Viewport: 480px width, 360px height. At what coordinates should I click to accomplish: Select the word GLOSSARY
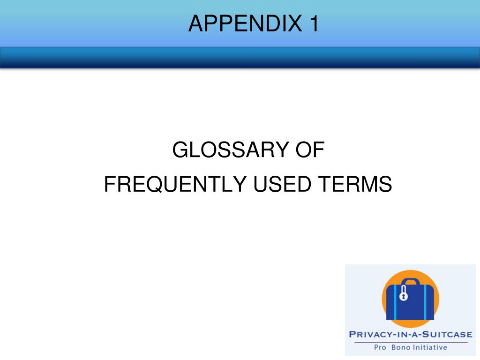coord(231,150)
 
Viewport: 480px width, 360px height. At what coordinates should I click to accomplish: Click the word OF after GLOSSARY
coord(310,150)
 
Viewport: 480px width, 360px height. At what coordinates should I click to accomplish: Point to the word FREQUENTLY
coord(175,184)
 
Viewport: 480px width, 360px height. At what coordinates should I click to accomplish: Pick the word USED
coord(282,184)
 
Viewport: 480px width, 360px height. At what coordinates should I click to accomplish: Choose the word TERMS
coord(355,184)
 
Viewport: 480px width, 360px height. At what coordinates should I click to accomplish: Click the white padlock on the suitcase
coord(404,293)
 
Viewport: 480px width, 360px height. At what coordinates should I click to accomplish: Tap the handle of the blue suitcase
coord(411,282)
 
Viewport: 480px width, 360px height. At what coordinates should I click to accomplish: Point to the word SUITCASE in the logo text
coord(447,334)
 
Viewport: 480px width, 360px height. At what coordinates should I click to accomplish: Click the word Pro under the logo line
coord(380,347)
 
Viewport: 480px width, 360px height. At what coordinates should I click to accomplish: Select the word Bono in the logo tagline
coord(400,347)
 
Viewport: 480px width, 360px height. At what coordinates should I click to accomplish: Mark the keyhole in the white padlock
coord(404,296)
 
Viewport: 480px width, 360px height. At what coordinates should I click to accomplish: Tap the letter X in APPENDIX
coord(295,23)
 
